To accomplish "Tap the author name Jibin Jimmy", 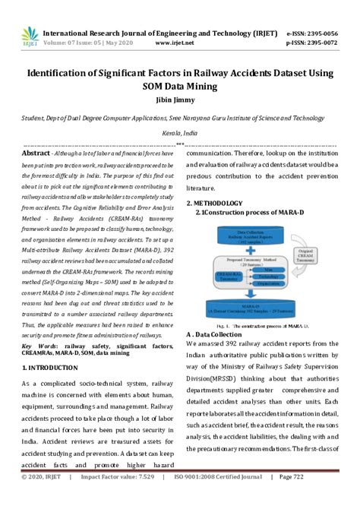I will (181, 100).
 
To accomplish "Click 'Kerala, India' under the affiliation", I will (180, 132).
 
